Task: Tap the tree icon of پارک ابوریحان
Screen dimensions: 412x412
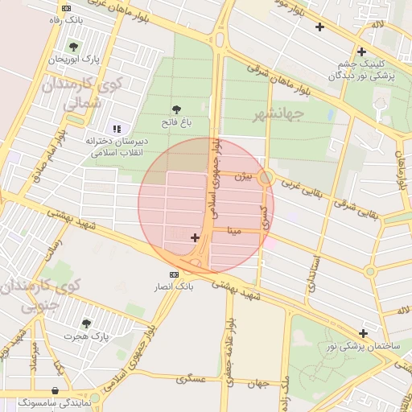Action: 75,47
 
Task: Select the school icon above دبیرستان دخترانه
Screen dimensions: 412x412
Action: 117,128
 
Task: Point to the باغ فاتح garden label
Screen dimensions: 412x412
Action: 175,123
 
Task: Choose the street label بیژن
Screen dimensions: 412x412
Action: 244,176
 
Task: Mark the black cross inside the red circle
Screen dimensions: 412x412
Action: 195,237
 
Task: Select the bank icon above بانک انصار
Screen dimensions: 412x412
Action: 175,274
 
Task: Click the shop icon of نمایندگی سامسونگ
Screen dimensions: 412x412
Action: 54,390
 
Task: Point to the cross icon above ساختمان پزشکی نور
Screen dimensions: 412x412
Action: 364,333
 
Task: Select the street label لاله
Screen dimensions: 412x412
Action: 377,26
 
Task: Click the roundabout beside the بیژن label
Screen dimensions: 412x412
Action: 266,177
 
